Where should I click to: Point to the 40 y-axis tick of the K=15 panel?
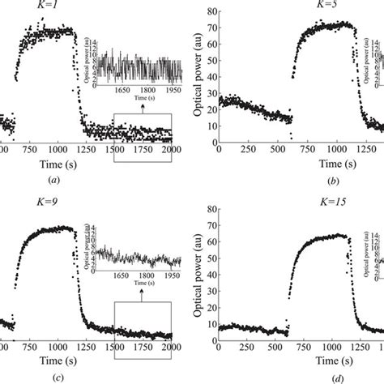(x=210, y=269)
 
